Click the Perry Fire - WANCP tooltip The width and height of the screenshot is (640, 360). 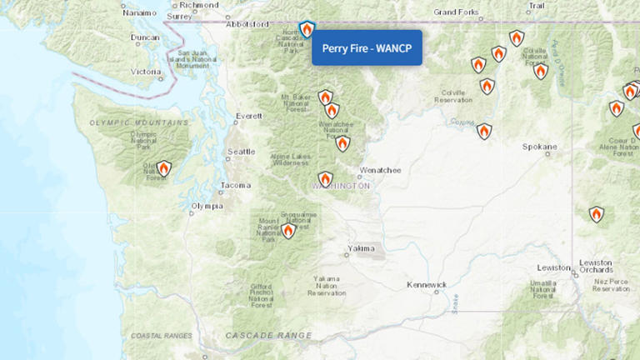(367, 47)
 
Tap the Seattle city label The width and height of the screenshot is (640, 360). (241, 152)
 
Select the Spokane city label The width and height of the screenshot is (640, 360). (538, 147)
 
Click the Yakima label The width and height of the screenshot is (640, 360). (361, 248)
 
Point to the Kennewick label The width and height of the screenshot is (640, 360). (427, 284)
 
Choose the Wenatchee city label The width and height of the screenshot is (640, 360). (380, 170)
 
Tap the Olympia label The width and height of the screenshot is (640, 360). (207, 206)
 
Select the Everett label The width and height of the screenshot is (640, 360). (248, 116)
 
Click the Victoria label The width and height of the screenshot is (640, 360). (147, 72)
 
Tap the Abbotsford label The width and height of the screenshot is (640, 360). (252, 24)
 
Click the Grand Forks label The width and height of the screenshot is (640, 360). (457, 12)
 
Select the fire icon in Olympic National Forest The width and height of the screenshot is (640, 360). (164, 169)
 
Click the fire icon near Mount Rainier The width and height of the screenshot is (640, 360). (288, 231)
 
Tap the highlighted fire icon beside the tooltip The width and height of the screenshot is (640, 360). (307, 30)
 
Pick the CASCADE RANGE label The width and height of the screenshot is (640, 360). (268, 335)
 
